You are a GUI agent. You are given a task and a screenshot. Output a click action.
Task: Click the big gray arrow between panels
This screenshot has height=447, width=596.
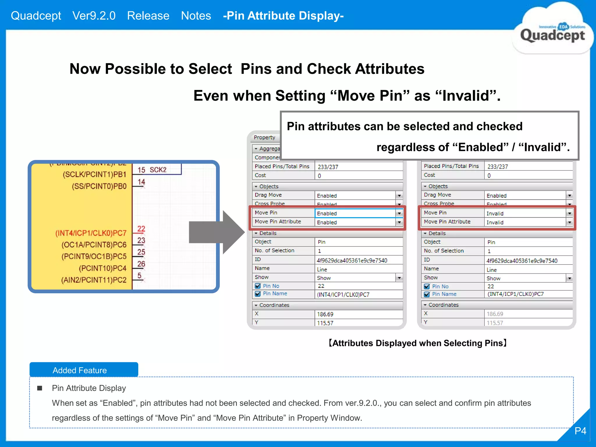(x=217, y=232)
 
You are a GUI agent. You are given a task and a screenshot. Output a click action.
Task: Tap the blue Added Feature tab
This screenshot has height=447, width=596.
(x=84, y=370)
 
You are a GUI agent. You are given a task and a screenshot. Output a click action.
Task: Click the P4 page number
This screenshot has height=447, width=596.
(x=580, y=431)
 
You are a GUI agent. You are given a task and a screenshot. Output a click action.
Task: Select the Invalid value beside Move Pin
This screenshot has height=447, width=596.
(x=495, y=213)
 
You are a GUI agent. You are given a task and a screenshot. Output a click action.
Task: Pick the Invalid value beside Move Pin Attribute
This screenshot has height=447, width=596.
(x=495, y=222)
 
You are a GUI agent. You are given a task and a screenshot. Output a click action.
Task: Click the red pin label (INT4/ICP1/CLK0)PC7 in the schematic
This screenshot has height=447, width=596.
(x=91, y=233)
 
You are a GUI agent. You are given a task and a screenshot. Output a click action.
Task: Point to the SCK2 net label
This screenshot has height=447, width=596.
(x=158, y=170)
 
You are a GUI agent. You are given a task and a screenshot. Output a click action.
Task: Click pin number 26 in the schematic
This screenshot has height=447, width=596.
(x=141, y=264)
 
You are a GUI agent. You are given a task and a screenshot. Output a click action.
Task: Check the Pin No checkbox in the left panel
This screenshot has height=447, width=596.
(x=258, y=286)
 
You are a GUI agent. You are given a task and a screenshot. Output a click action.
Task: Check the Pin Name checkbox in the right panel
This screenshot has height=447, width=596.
(x=427, y=294)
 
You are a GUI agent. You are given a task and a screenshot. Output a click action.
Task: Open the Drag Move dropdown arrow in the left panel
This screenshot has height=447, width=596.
(x=399, y=196)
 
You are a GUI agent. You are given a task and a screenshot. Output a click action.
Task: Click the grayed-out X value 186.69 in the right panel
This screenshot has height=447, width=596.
(x=495, y=314)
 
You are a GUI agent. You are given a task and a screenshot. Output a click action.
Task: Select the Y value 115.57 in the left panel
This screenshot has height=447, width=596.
(x=325, y=323)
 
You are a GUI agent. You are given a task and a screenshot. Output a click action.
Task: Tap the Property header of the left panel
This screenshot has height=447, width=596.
(x=264, y=137)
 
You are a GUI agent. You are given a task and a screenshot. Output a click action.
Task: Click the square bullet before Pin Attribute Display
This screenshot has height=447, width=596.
(x=40, y=388)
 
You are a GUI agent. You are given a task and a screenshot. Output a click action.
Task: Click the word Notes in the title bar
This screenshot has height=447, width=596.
(x=196, y=16)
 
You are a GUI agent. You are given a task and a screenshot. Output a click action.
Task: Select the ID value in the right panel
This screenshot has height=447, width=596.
(x=522, y=261)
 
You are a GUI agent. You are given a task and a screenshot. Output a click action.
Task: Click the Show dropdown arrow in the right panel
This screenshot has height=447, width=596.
(x=570, y=278)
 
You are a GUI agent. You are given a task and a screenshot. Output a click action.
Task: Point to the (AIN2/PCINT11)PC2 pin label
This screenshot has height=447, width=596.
(x=94, y=280)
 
